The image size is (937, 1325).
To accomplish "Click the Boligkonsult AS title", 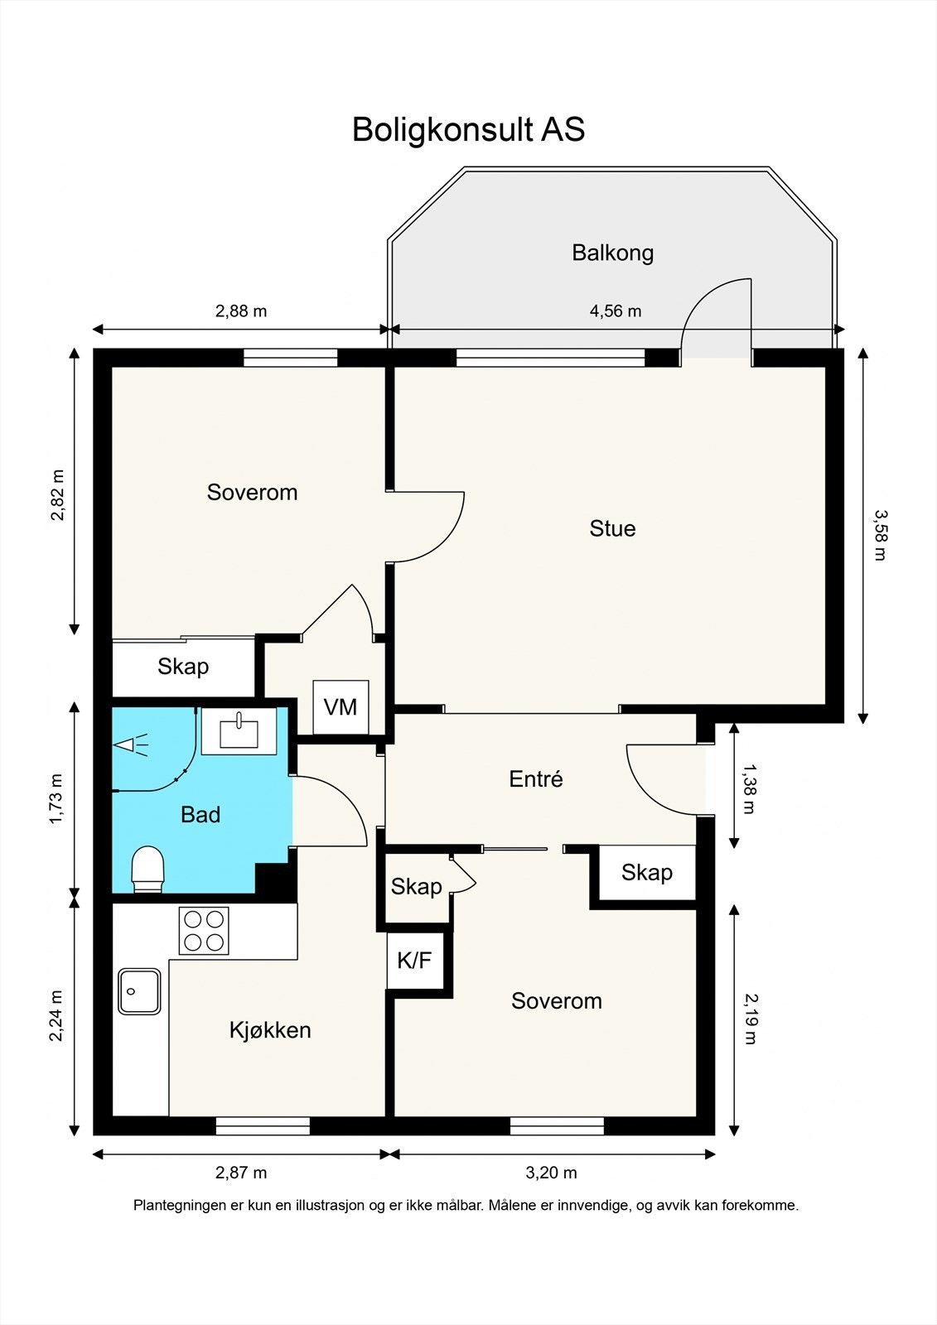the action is pos(468,129).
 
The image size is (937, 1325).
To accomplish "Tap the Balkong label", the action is pos(612,253).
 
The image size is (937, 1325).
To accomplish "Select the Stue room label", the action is pos(612,528).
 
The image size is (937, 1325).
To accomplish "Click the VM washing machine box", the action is pos(341,707).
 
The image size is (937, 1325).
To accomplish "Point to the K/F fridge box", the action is pos(414,961).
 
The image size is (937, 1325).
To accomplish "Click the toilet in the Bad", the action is pos(147,869).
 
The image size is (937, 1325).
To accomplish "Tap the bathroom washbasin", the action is pos(239,732).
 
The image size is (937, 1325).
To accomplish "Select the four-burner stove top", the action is pos(204,931).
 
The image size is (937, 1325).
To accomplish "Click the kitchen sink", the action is pos(139,991).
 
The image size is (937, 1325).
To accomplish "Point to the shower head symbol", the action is pos(131,744).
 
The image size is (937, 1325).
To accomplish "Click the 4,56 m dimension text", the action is pos(616,311).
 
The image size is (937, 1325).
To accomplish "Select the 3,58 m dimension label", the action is pos(881,535).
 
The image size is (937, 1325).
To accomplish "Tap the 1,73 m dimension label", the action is pos(56,798).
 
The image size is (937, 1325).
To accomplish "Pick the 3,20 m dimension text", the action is pos(551,1173).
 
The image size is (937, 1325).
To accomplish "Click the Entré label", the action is pos(536,779).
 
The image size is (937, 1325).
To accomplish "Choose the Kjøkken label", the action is pos(271,1030).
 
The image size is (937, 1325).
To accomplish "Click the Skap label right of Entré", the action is pos(647,873).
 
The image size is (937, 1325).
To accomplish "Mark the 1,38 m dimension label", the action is pos(749,788).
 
